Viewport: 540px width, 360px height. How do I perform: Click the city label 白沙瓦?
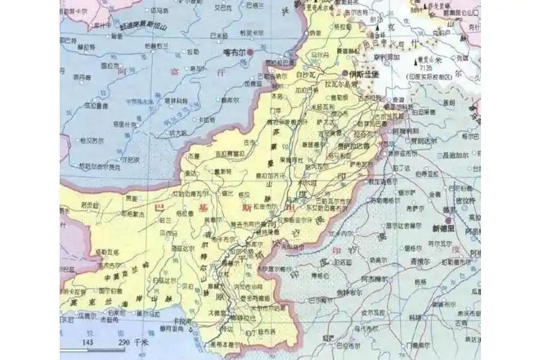tap(307, 73)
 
